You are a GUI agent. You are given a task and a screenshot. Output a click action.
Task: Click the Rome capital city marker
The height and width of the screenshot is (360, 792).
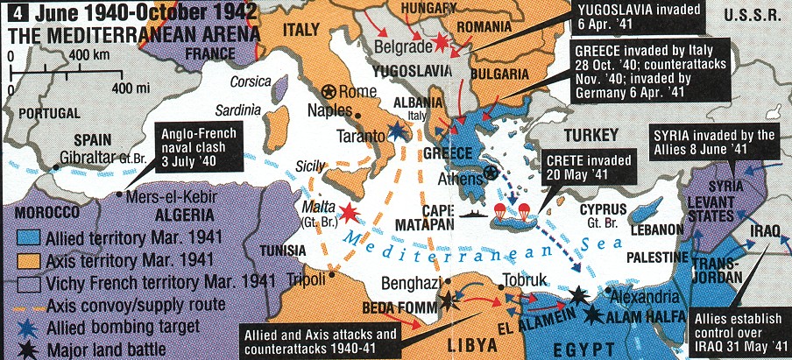329,91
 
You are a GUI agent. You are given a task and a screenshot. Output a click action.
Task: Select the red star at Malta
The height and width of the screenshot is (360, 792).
350,211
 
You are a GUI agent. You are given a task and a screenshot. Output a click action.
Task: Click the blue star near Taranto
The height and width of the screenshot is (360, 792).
399,131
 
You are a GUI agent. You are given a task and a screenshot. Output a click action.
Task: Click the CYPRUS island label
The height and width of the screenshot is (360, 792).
603,209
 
